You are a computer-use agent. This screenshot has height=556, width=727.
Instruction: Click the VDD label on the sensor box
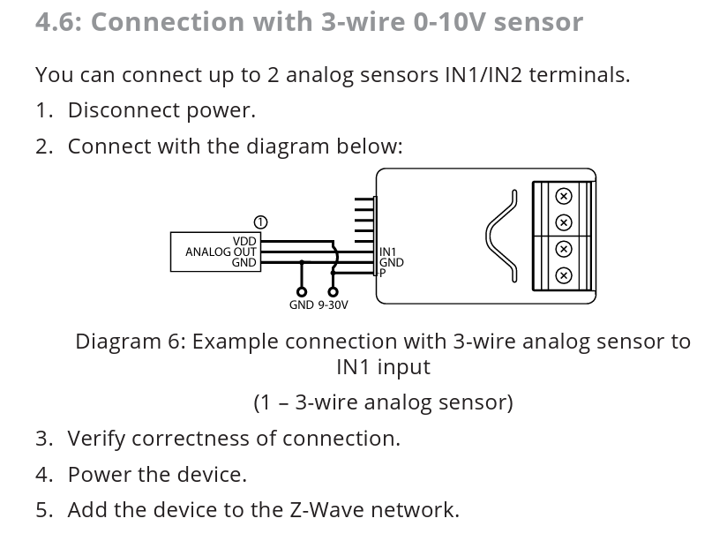pos(244,241)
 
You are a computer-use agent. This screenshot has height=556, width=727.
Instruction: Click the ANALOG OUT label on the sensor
pos(221,252)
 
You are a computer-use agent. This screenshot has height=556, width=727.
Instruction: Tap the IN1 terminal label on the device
pos(387,252)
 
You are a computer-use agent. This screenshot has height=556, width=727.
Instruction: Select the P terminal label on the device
pos(383,273)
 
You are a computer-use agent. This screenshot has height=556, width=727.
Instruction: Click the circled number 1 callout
pos(260,222)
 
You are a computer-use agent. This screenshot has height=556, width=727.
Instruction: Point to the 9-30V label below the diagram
pos(333,304)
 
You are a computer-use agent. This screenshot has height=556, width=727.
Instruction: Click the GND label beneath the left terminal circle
pos(302,304)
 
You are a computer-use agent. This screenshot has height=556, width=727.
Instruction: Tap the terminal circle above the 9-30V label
pos(333,292)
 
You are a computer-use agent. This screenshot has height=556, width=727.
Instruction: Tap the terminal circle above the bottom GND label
pos(302,292)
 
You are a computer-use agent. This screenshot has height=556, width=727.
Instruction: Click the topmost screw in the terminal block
pos(563,196)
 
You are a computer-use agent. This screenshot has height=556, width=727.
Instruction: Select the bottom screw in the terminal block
pos(563,276)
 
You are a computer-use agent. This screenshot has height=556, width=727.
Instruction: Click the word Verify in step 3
pos(96,439)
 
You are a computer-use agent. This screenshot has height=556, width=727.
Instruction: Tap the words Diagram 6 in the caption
pos(131,342)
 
